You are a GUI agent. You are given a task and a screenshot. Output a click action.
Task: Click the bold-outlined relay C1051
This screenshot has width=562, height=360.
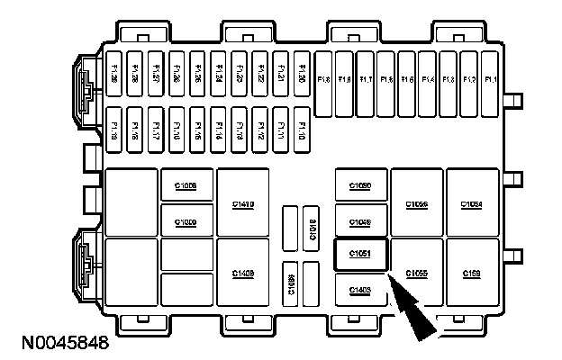click(x=360, y=255)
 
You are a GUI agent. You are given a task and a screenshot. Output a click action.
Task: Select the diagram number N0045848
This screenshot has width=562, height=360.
click(x=59, y=343)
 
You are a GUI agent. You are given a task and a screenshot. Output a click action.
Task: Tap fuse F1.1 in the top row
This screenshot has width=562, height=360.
click(x=491, y=80)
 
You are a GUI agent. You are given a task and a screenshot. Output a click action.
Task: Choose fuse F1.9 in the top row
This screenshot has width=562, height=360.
click(x=324, y=80)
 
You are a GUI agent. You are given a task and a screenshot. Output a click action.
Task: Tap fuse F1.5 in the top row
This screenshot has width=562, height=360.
click(x=407, y=80)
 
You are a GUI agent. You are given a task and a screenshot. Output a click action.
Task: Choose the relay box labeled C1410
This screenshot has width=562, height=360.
click(x=242, y=204)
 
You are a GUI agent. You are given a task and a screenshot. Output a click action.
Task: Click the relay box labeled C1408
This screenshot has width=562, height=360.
click(x=242, y=273)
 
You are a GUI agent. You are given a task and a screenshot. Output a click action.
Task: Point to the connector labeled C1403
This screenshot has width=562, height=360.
click(x=360, y=289)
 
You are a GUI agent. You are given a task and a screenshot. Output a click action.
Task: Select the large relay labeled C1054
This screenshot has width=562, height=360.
click(x=472, y=204)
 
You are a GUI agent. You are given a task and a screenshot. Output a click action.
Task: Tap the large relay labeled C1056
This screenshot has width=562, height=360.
click(x=416, y=204)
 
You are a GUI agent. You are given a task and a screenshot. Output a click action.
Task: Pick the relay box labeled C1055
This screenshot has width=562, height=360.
click(x=416, y=273)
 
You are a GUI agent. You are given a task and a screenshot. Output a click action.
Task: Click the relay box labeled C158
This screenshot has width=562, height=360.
click(x=472, y=273)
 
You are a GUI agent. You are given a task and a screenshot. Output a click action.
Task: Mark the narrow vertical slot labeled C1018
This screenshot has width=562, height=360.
click(x=312, y=229)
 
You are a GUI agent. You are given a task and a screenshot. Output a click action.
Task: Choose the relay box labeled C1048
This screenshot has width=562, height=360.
click(x=360, y=220)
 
